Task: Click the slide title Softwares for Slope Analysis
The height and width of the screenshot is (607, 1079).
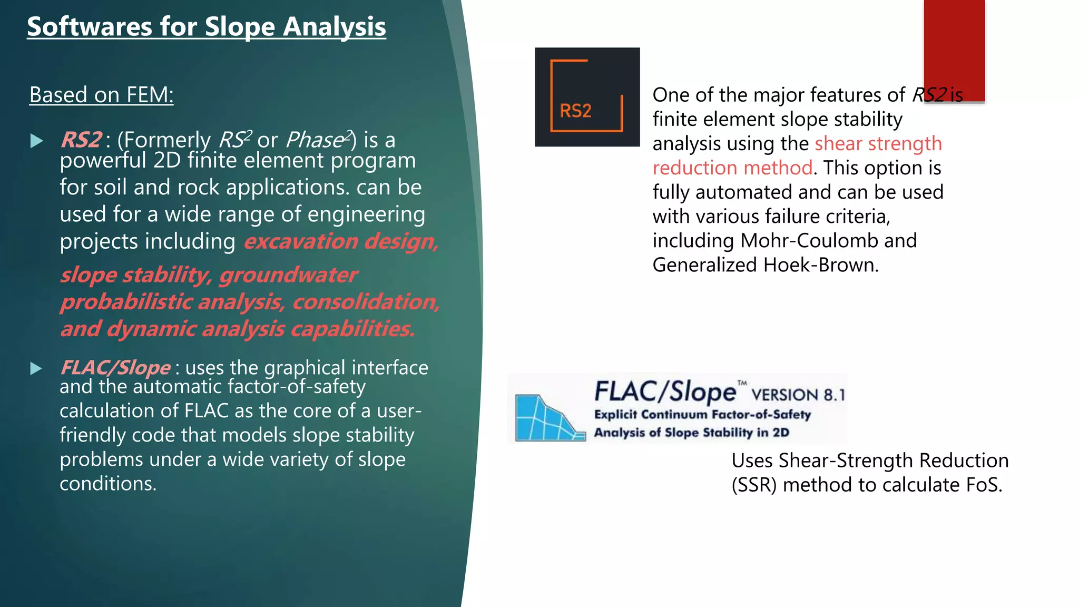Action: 206,26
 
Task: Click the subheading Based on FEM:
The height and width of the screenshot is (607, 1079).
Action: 101,95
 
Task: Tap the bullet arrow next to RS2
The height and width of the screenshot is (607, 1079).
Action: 36,141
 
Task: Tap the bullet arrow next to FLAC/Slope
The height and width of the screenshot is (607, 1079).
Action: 36,368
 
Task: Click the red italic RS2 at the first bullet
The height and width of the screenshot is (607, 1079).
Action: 81,140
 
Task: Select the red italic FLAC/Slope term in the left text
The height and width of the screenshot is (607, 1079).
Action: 115,368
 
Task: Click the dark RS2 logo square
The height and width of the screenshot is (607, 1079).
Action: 587,97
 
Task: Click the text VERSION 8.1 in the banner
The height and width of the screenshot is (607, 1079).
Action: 798,395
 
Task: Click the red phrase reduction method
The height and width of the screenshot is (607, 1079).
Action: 732,168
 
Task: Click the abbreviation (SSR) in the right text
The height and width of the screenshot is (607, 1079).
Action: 754,485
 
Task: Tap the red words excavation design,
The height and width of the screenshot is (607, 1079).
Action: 341,241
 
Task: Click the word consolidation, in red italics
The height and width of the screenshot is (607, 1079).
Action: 366,302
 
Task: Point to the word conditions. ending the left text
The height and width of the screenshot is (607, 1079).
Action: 108,484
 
